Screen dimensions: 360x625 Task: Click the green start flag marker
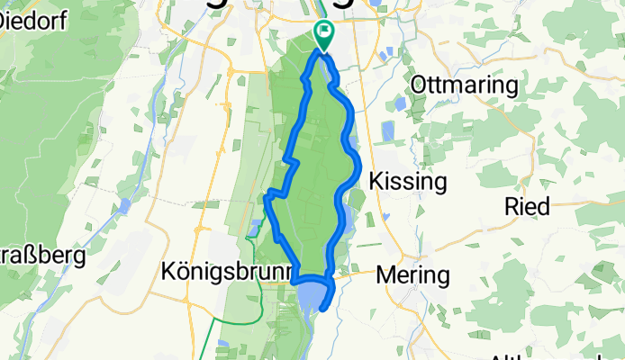click(x=323, y=33)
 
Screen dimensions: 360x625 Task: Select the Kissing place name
click(x=409, y=182)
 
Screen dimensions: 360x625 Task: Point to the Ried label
click(x=528, y=206)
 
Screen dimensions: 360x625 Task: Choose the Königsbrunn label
click(x=228, y=271)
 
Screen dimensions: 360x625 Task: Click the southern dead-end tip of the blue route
click(x=322, y=314)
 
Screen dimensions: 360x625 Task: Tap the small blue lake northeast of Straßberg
click(x=125, y=206)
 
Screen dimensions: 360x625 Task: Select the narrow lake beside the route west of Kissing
click(x=347, y=216)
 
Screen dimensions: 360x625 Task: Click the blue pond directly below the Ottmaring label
click(x=399, y=105)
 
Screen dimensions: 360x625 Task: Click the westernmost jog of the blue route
click(x=267, y=194)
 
